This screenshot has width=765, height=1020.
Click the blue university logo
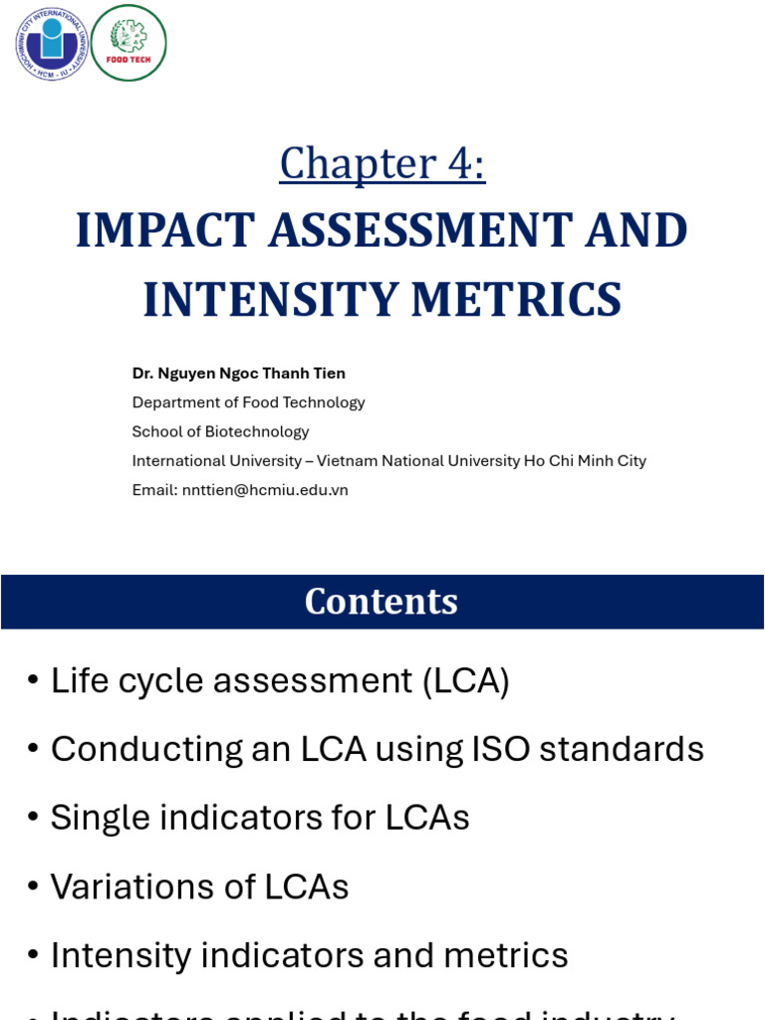tap(51, 43)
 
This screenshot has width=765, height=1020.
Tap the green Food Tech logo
tap(128, 43)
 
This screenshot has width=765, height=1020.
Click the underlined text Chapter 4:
tap(382, 163)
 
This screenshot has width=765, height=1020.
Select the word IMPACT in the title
tap(165, 230)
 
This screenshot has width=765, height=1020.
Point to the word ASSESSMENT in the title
tap(420, 230)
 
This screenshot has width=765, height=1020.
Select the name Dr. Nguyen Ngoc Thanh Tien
tap(239, 374)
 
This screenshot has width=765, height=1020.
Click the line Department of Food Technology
tap(248, 402)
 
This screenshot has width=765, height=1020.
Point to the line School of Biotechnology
tap(220, 431)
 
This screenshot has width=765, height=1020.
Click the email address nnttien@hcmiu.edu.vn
tap(265, 490)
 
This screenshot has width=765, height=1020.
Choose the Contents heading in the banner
tap(382, 602)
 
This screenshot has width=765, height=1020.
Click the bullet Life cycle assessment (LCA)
tap(280, 680)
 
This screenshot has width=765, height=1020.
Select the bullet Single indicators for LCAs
tap(260, 818)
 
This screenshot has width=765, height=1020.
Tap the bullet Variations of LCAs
tap(199, 887)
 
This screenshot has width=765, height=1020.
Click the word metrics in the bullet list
tap(506, 955)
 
